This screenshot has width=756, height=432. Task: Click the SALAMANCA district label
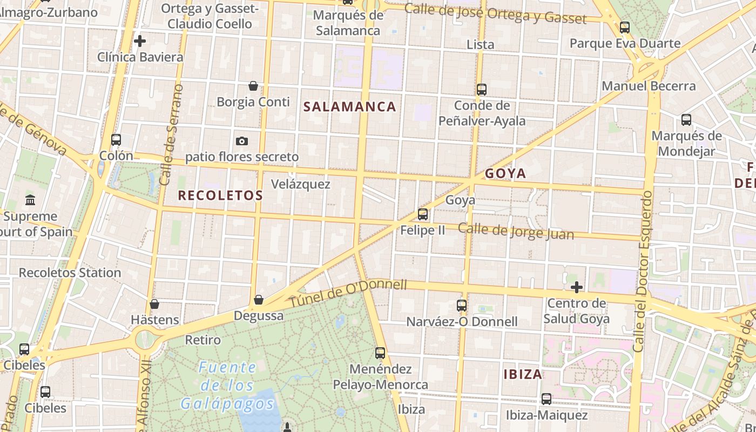[x=350, y=106]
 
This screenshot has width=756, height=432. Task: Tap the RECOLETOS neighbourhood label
[x=220, y=195]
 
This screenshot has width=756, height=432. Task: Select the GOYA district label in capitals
[x=505, y=173]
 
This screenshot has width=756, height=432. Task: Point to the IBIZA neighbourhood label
[x=523, y=374]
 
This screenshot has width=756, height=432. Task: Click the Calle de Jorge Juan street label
[x=516, y=231]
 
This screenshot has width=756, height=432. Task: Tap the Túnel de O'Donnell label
[x=348, y=293]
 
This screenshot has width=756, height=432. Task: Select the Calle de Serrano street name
[x=172, y=135]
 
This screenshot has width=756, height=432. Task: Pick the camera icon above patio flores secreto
[x=242, y=141]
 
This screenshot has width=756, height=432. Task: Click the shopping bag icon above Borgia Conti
[x=253, y=86]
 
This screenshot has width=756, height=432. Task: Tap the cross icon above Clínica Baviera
[x=140, y=41]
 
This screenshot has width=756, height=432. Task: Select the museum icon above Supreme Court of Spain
[x=30, y=200]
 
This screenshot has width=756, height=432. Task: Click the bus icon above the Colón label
[x=116, y=140]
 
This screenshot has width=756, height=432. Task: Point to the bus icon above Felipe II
[x=423, y=214]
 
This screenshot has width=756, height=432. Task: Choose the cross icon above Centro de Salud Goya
[x=577, y=287]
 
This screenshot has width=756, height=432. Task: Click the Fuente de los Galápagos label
[x=227, y=386]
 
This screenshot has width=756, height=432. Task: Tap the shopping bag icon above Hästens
[x=154, y=304]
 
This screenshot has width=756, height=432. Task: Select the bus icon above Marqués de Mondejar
[x=686, y=120]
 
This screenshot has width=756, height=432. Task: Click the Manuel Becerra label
[x=649, y=86]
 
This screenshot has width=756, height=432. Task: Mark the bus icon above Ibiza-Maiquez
[x=546, y=399]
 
